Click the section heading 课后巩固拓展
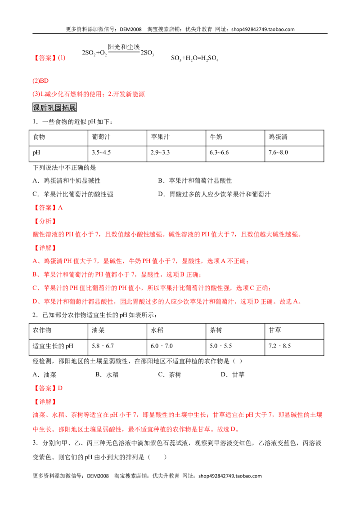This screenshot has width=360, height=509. [x=54, y=107]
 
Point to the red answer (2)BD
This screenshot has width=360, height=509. [x=40, y=81]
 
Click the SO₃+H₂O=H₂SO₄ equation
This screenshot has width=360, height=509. [x=195, y=58]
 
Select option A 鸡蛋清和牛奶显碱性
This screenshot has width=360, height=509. [x=67, y=181]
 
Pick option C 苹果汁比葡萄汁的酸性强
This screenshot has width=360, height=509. [x=73, y=194]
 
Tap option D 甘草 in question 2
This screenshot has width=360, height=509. [x=233, y=375]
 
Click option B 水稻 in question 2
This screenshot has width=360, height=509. [x=107, y=375]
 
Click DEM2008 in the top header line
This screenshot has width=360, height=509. [x=130, y=29]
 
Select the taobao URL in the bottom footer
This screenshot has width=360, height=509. [x=230, y=476]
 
